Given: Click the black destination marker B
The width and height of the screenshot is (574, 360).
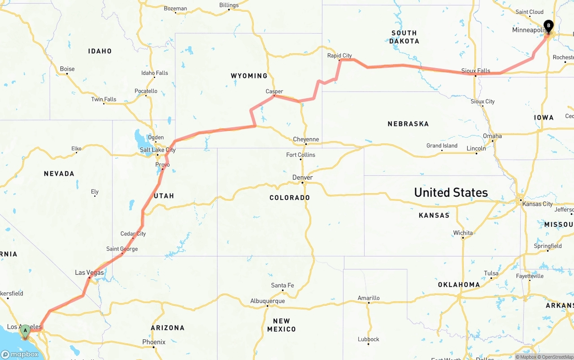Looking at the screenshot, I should click(x=548, y=26).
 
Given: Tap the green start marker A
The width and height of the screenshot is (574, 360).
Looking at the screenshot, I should click(x=25, y=331).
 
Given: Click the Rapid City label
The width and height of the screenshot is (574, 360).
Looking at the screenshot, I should click(x=339, y=56).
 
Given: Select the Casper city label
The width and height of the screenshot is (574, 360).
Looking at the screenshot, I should click(x=274, y=91).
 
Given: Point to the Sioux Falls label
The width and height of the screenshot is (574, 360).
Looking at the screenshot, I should click(x=476, y=71).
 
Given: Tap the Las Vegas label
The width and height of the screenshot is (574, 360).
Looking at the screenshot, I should click(x=89, y=273).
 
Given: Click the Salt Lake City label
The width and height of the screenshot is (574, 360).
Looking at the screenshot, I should click(x=158, y=150).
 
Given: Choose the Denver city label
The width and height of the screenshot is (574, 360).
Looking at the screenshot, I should click(x=303, y=178).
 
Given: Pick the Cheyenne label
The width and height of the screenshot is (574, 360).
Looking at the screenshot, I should click(x=306, y=139).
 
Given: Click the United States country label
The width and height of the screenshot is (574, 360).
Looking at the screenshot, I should click(x=451, y=192).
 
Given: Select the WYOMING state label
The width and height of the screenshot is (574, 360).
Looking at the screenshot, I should click(x=249, y=76).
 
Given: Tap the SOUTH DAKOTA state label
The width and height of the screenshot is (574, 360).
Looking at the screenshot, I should click(x=404, y=37).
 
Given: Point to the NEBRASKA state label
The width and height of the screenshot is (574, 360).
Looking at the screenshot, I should click(x=408, y=124).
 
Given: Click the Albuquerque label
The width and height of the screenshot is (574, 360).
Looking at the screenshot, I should click(x=267, y=301).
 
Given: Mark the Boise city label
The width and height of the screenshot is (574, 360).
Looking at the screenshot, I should click(x=67, y=69).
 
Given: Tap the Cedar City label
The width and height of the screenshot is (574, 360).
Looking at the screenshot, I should click(x=133, y=234).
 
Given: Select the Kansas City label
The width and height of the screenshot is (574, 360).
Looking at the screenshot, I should click(x=538, y=204).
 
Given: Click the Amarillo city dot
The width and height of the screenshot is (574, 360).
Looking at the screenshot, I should click(x=369, y=303).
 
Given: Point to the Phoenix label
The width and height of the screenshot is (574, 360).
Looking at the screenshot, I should click(x=154, y=342).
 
